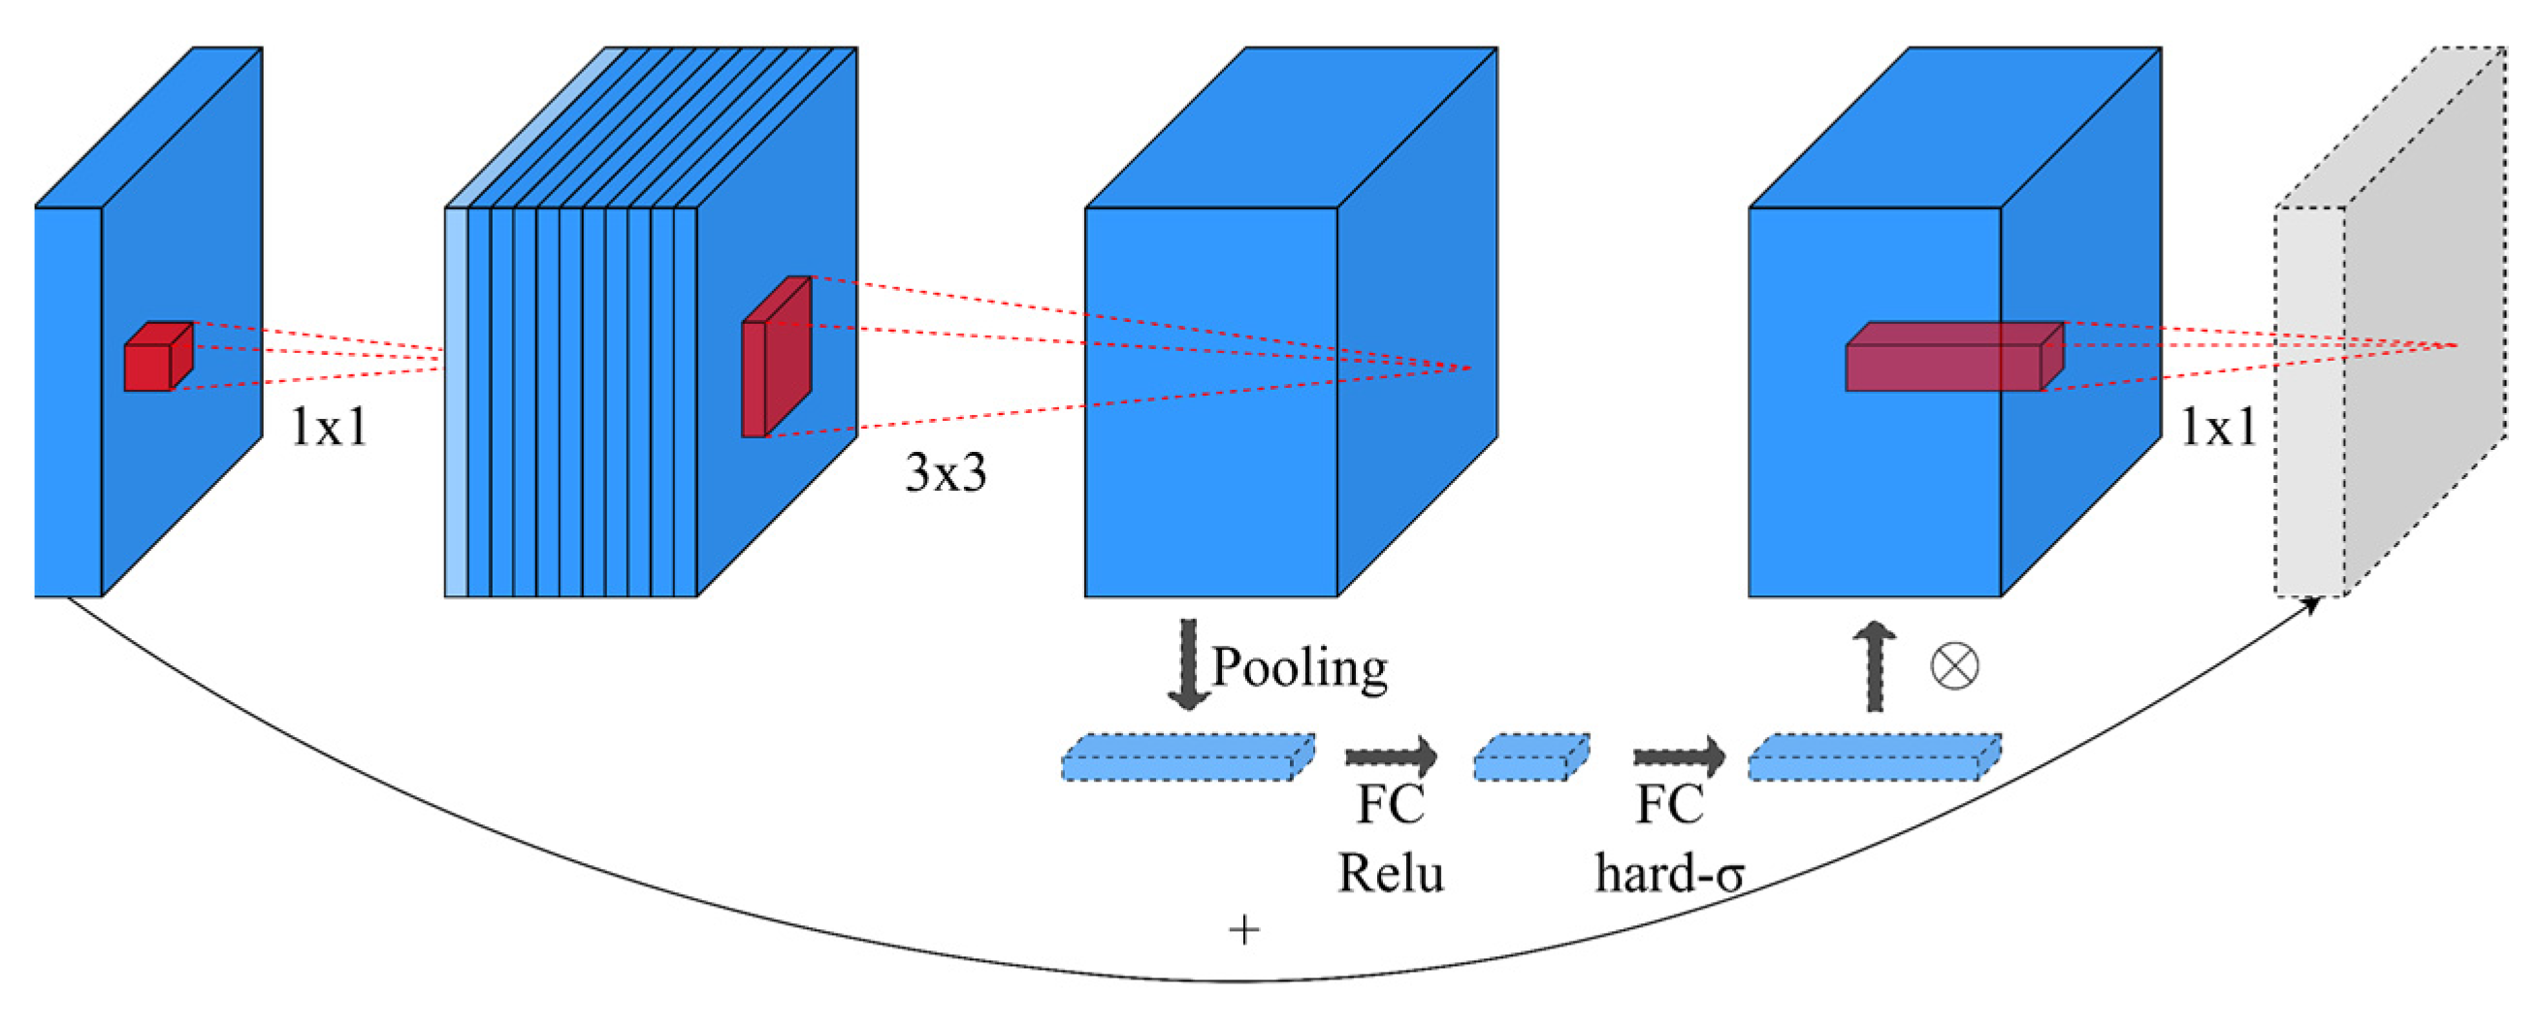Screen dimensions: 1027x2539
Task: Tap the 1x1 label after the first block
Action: (328, 428)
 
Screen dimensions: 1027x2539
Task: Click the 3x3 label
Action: (946, 472)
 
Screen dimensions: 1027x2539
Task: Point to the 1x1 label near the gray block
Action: (2218, 428)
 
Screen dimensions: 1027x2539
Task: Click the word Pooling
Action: (1299, 668)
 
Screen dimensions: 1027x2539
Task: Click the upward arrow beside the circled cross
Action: (1874, 666)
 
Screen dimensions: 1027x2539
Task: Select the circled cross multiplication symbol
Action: (1953, 666)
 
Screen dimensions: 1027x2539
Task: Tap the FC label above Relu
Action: (1390, 804)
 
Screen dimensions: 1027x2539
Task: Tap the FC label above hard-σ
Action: (1670, 804)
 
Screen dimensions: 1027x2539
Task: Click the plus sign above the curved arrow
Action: (1244, 929)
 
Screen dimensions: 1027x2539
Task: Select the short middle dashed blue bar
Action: (1530, 757)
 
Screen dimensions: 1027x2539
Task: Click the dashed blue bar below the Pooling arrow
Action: (1187, 757)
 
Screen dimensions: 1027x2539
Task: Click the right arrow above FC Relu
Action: (1391, 757)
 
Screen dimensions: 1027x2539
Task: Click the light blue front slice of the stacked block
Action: (456, 402)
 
